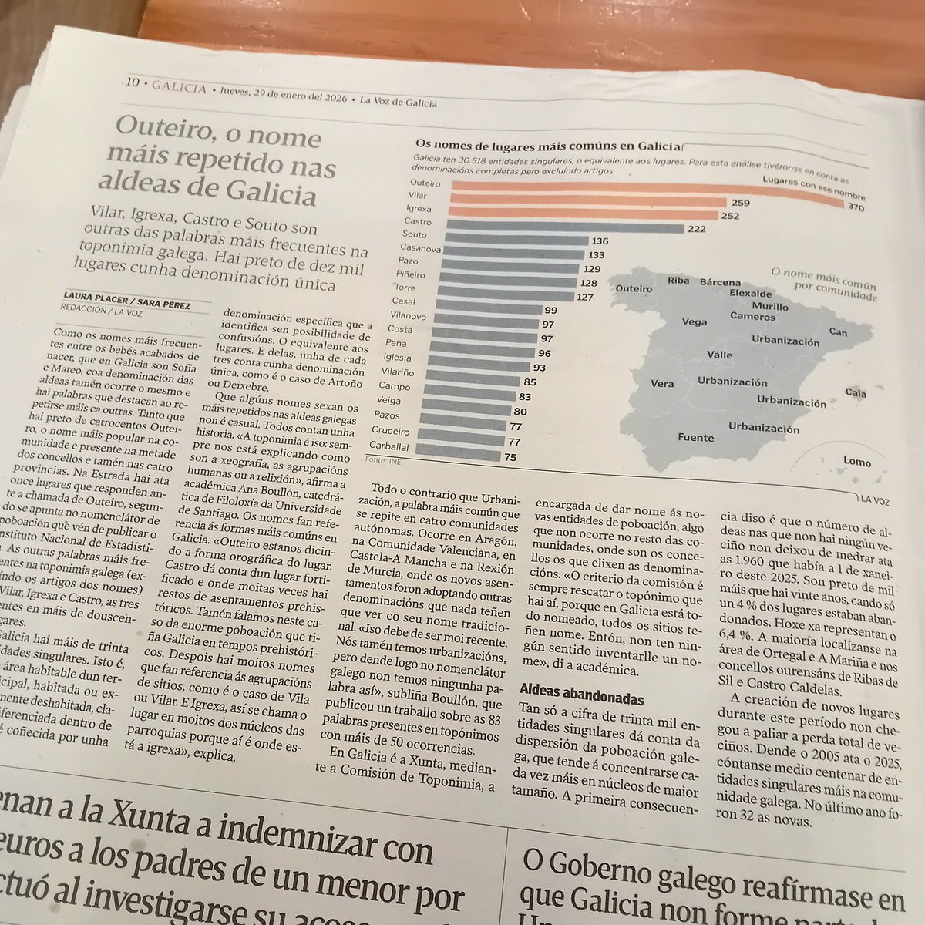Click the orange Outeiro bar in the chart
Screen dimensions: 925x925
pos(647,187)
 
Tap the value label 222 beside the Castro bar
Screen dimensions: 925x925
pos(696,230)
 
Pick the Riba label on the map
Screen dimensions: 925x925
pos(678,280)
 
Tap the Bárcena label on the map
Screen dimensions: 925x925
pos(720,282)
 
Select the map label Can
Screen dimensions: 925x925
pos(838,332)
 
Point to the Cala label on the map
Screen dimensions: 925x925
pos(856,392)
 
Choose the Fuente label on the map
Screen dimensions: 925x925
pos(695,438)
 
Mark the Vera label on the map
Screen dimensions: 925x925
pos(662,383)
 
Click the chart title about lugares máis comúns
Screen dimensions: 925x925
pos(549,144)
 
